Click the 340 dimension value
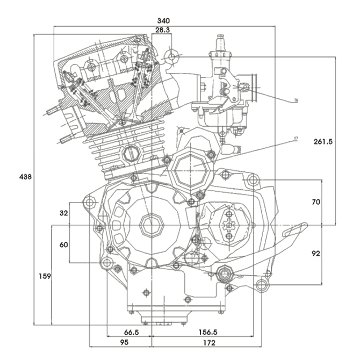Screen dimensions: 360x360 point(171,21)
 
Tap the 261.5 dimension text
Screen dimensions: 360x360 point(322,141)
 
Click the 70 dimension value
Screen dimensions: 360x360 point(316,202)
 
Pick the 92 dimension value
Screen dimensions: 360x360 point(316,253)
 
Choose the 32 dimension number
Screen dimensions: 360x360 point(63,213)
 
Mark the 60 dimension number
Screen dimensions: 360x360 point(63,244)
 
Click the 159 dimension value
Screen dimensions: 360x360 point(45,276)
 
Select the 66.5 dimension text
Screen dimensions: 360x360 point(131,333)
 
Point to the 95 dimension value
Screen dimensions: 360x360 point(124,342)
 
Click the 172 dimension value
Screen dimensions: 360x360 point(210,342)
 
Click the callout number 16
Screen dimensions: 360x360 point(296,100)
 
